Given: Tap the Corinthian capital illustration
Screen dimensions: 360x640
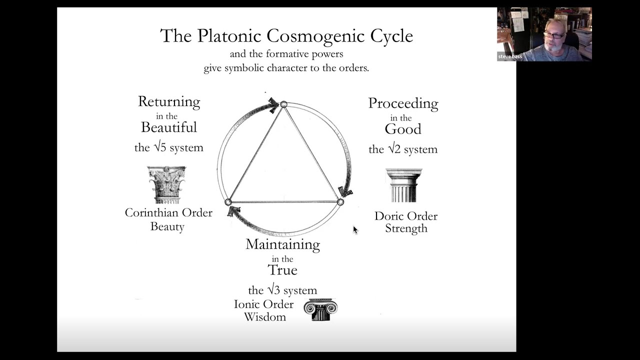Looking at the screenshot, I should (x=167, y=184).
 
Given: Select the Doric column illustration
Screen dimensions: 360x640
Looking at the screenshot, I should (x=403, y=185).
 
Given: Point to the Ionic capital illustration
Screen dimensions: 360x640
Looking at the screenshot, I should (x=320, y=309).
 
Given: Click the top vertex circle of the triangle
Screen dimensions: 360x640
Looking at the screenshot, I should (x=283, y=104).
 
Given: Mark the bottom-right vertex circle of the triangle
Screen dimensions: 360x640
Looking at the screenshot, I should (x=340, y=202).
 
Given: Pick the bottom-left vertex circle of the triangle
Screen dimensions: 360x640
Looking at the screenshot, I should (x=228, y=202).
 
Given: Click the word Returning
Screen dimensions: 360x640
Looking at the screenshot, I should (x=169, y=102).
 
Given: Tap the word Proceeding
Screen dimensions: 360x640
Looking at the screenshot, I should (x=403, y=103).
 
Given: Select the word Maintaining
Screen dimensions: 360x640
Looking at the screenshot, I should (x=282, y=244).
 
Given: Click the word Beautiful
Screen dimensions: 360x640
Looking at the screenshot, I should (x=169, y=127).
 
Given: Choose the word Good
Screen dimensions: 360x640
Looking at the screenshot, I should (x=403, y=129).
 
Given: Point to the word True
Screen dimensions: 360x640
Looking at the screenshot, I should (x=282, y=270).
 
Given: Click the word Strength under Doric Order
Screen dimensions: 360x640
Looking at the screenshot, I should (x=406, y=228).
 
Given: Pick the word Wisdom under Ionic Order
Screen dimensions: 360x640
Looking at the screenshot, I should (x=265, y=317).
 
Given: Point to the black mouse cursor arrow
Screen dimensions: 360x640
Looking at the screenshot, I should (x=355, y=229).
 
